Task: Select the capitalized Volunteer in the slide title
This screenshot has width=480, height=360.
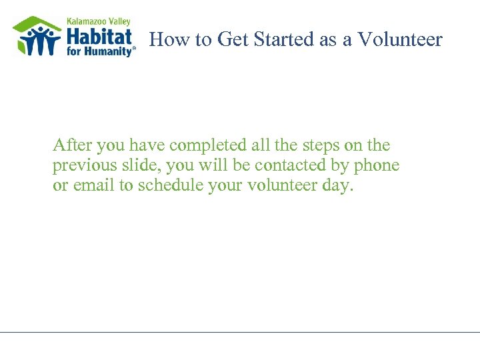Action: pyautogui.click(x=400, y=40)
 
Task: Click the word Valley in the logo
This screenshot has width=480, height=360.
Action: pyautogui.click(x=118, y=21)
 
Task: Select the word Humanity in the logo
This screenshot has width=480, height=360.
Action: pyautogui.click(x=111, y=51)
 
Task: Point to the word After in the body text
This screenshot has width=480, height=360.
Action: pyautogui.click(x=69, y=145)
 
